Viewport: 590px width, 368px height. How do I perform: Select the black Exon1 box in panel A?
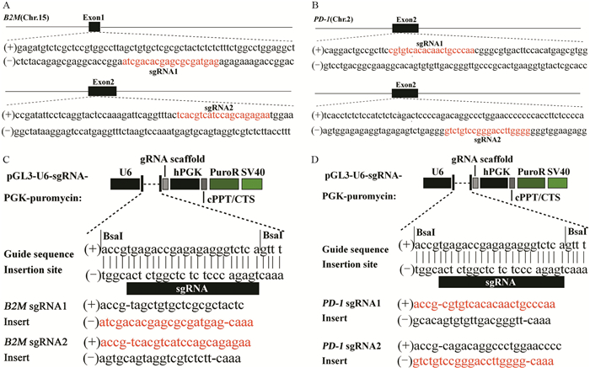click(94, 27)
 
